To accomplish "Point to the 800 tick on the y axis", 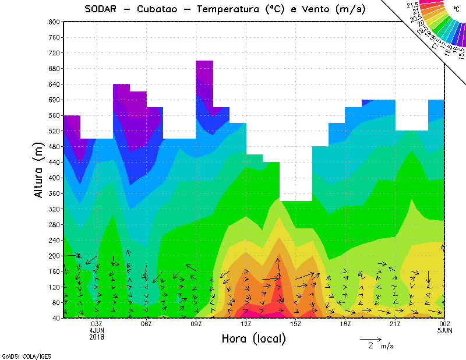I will coord(54,22).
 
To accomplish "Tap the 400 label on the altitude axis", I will coord(54,178).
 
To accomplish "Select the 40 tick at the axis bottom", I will coord(55,318).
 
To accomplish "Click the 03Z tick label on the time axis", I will coord(97,324).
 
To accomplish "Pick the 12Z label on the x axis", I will coord(246,324).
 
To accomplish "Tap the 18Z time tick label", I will coord(345,324).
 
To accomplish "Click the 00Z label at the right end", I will coord(444,324).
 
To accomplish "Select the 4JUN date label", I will coord(97,330).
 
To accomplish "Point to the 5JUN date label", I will coord(444,330).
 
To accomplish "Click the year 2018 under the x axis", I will coord(97,337).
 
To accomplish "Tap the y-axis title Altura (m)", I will coord(39,170).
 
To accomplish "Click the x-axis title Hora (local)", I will coord(253,339).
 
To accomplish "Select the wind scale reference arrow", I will coord(370,338).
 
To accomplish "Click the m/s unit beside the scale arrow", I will coord(387,346).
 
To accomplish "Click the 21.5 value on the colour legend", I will coord(412,5).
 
